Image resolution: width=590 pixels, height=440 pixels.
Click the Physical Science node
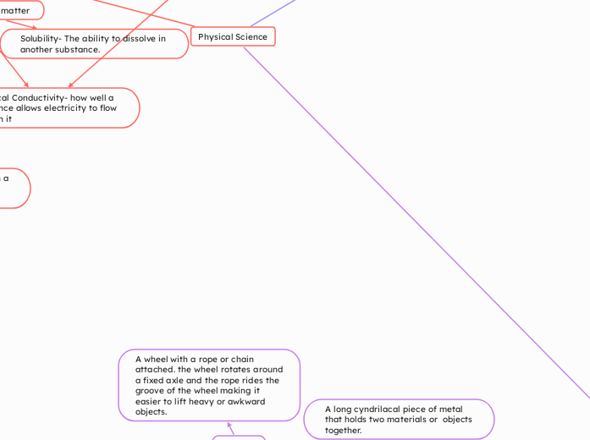pos(233,37)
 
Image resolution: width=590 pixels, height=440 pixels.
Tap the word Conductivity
pos(43,97)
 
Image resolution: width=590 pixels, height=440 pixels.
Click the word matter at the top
pos(14,10)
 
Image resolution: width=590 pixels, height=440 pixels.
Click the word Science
pos(251,37)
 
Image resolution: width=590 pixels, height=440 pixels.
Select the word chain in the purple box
pos(240,360)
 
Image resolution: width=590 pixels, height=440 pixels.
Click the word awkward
pos(246,402)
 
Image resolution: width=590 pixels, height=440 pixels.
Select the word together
pos(343,430)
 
